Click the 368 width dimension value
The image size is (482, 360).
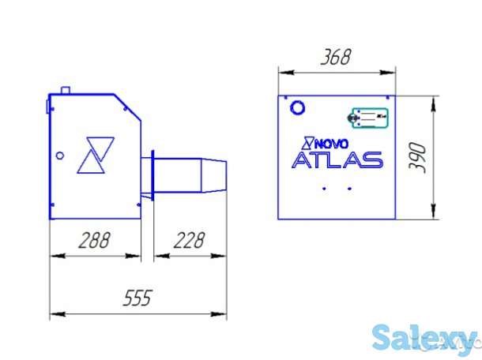click(x=335, y=58)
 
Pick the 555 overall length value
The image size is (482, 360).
click(x=137, y=298)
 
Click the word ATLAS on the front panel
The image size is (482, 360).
click(x=337, y=160)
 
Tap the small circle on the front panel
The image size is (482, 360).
click(x=298, y=106)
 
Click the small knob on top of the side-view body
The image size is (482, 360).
click(x=68, y=89)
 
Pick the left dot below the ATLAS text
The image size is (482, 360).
click(x=324, y=189)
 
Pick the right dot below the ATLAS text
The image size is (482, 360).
click(x=348, y=189)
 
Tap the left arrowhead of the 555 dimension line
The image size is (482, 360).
click(x=54, y=314)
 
